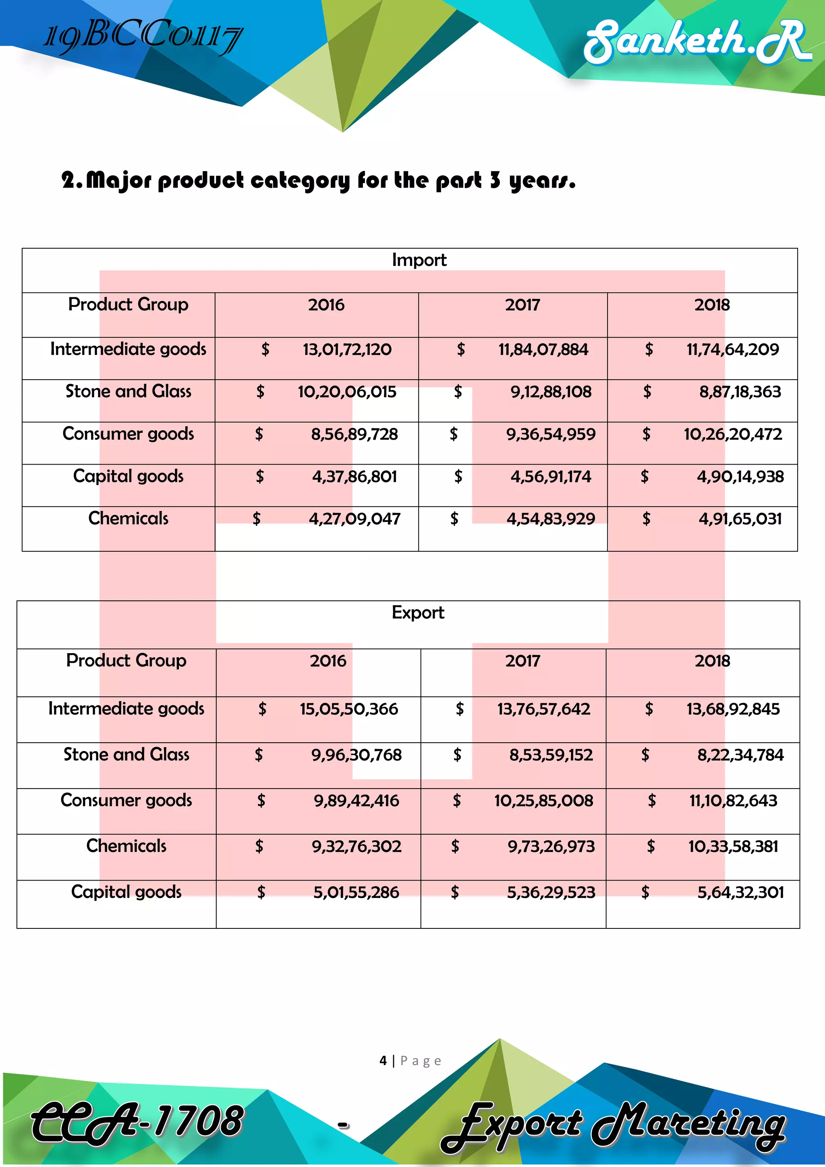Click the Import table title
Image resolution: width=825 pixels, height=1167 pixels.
click(419, 260)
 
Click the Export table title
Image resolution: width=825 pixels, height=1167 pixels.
click(418, 613)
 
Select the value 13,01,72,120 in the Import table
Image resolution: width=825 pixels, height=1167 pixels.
click(347, 350)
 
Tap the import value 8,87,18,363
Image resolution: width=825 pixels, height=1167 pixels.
click(740, 392)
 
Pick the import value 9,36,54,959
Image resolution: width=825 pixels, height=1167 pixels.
click(551, 434)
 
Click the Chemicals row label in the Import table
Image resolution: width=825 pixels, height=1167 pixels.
click(128, 519)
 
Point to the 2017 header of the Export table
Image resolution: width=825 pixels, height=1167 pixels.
click(522, 661)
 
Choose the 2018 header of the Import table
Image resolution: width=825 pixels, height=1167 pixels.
click(712, 305)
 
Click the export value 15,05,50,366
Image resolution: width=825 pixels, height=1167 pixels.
click(348, 709)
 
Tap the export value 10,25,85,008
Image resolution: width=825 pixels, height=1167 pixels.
click(543, 801)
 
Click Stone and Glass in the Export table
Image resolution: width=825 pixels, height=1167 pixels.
click(126, 755)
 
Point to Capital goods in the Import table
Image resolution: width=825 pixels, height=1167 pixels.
click(128, 476)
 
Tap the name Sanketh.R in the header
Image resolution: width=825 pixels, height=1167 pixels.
click(696, 42)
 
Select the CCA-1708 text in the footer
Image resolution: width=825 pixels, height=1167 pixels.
click(137, 1121)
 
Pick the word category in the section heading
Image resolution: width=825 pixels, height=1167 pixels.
click(300, 181)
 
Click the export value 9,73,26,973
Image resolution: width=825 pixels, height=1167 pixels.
click(551, 847)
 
